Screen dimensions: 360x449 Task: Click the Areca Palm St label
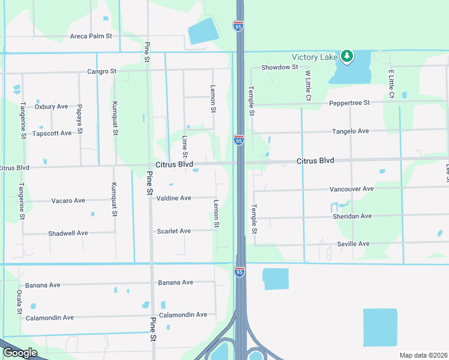91,36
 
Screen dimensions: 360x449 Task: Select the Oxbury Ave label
51,107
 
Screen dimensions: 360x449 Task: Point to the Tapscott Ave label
52,133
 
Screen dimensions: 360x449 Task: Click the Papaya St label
79,119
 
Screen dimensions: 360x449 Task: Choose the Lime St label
185,148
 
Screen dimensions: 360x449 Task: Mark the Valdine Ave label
173,198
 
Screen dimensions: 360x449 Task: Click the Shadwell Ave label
68,233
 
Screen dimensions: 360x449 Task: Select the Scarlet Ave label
173,231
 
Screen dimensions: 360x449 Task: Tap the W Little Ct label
307,85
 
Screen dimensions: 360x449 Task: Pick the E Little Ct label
391,84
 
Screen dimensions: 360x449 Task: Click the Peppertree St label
349,103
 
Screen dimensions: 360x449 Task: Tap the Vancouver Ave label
351,188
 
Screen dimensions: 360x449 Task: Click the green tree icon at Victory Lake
346,56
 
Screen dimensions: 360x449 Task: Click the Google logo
20,353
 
